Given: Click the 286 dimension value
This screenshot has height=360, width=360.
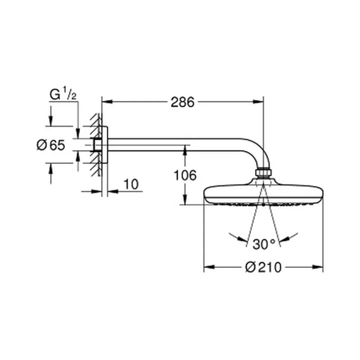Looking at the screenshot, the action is tap(183, 102).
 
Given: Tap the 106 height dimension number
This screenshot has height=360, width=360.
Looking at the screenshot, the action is tap(185, 176).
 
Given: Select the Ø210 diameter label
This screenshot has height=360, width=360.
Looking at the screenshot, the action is tap(263, 267).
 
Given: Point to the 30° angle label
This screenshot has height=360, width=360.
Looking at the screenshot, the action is tap(264, 244).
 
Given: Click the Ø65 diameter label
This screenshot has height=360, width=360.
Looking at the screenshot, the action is tap(51, 145).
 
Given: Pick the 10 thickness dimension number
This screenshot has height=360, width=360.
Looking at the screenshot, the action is tap(131, 184).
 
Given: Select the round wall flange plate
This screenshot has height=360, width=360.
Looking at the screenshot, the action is tap(104, 145).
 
